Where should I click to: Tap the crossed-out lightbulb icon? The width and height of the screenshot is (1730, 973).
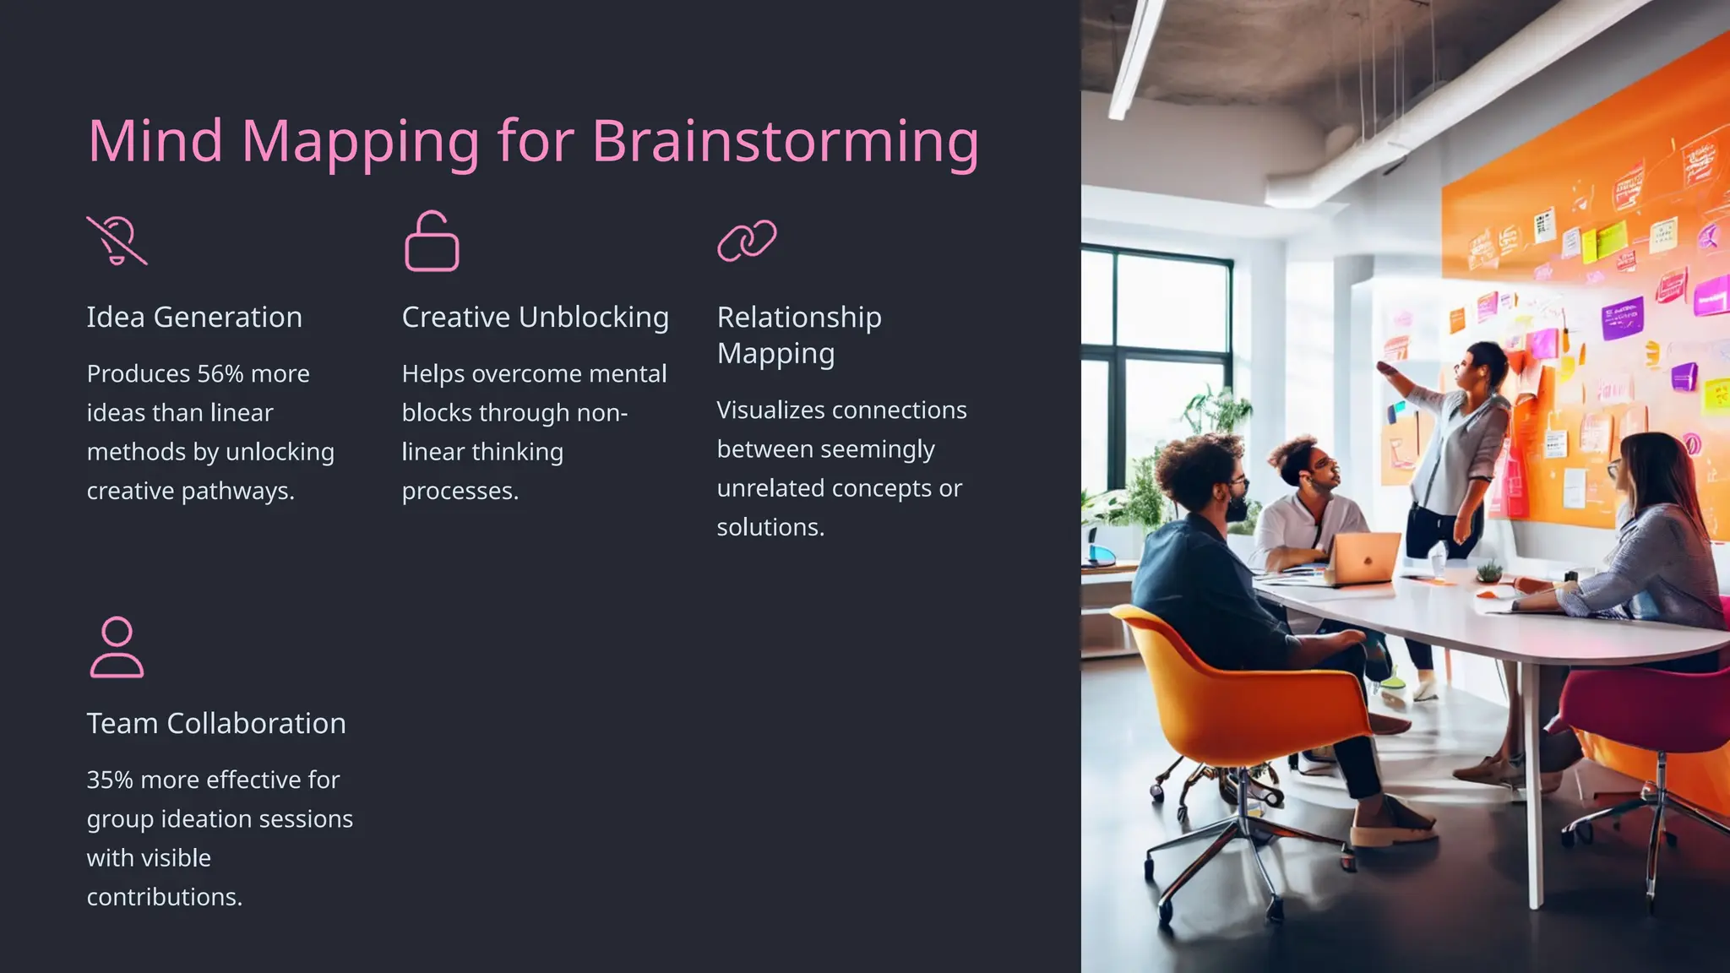117,241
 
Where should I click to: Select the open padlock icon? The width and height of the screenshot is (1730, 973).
432,242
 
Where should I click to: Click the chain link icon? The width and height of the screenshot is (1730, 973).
747,241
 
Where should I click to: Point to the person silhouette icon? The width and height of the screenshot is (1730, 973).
117,647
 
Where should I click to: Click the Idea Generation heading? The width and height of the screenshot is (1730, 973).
194,318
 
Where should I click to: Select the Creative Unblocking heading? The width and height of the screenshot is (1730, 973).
535,318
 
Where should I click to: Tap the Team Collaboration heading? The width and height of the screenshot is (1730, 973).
216,724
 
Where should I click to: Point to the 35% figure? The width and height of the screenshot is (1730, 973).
110,780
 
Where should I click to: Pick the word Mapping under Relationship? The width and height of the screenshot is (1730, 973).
775,354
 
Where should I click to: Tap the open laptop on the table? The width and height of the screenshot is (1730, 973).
1363,557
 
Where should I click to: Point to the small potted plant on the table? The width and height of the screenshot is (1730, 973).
1488,572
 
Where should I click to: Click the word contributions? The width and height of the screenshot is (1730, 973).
164,897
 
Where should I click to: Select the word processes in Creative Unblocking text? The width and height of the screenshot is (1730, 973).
460,491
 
